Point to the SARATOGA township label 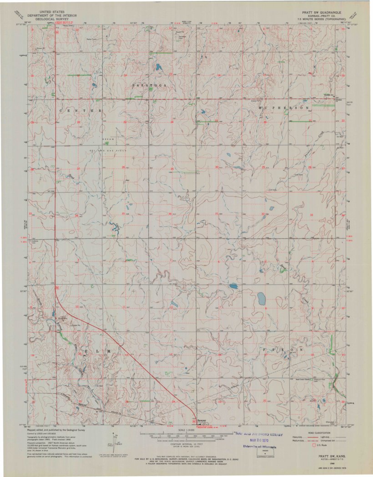[146, 85]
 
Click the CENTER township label [80, 111]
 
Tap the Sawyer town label [202, 420]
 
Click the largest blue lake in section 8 [262, 299]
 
